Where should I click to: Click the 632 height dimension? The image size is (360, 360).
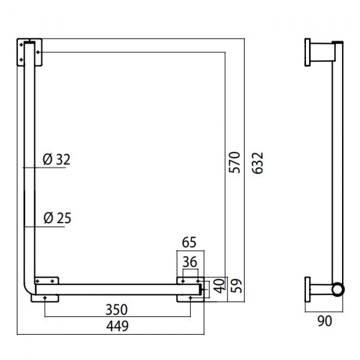click(x=257, y=163)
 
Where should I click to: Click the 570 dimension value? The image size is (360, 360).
click(x=235, y=163)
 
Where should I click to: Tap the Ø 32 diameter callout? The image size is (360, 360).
click(x=56, y=159)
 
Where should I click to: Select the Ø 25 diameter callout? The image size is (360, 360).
click(x=57, y=218)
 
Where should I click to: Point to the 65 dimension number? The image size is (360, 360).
click(x=189, y=242)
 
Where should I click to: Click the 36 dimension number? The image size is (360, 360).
click(x=190, y=262)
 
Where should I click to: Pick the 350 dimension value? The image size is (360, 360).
click(x=116, y=310)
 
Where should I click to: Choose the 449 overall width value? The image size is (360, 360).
click(x=118, y=326)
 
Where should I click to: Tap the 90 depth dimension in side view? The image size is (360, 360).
click(x=325, y=321)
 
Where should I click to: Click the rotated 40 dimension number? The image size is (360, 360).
click(x=220, y=286)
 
